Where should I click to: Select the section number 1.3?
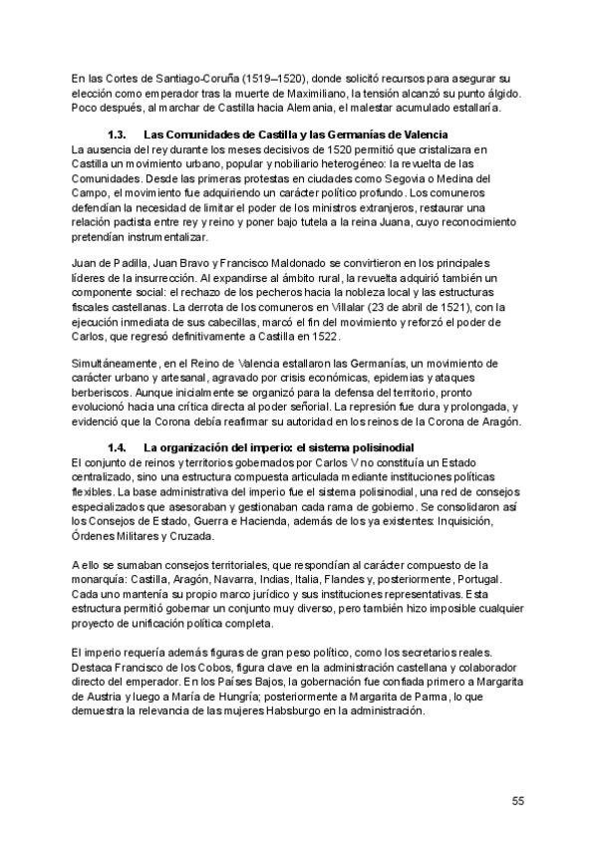[x=117, y=135]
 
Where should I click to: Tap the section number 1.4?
[x=117, y=447]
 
